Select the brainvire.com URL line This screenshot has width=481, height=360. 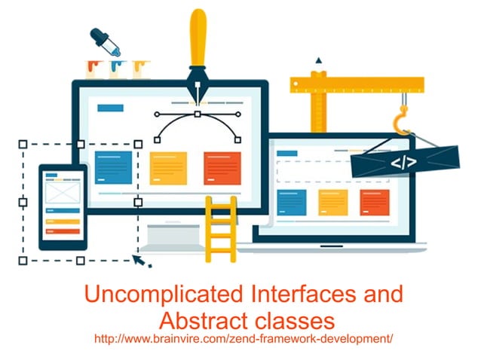(243, 339)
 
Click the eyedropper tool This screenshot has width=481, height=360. (106, 44)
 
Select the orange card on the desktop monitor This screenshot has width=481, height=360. (222, 168)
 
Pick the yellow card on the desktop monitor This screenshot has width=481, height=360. (168, 168)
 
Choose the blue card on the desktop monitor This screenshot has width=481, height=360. (114, 167)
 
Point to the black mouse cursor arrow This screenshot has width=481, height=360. (139, 260)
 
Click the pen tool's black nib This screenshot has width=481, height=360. (198, 90)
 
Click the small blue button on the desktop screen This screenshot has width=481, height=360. (111, 108)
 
